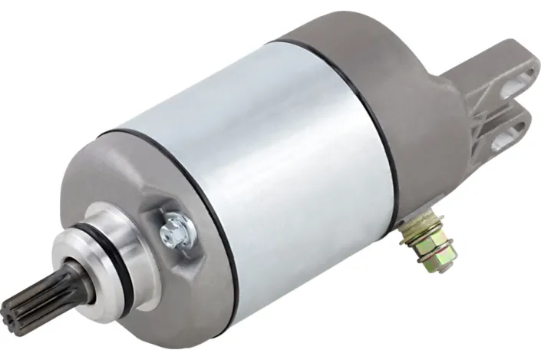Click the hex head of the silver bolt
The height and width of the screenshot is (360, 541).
tap(175, 226)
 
